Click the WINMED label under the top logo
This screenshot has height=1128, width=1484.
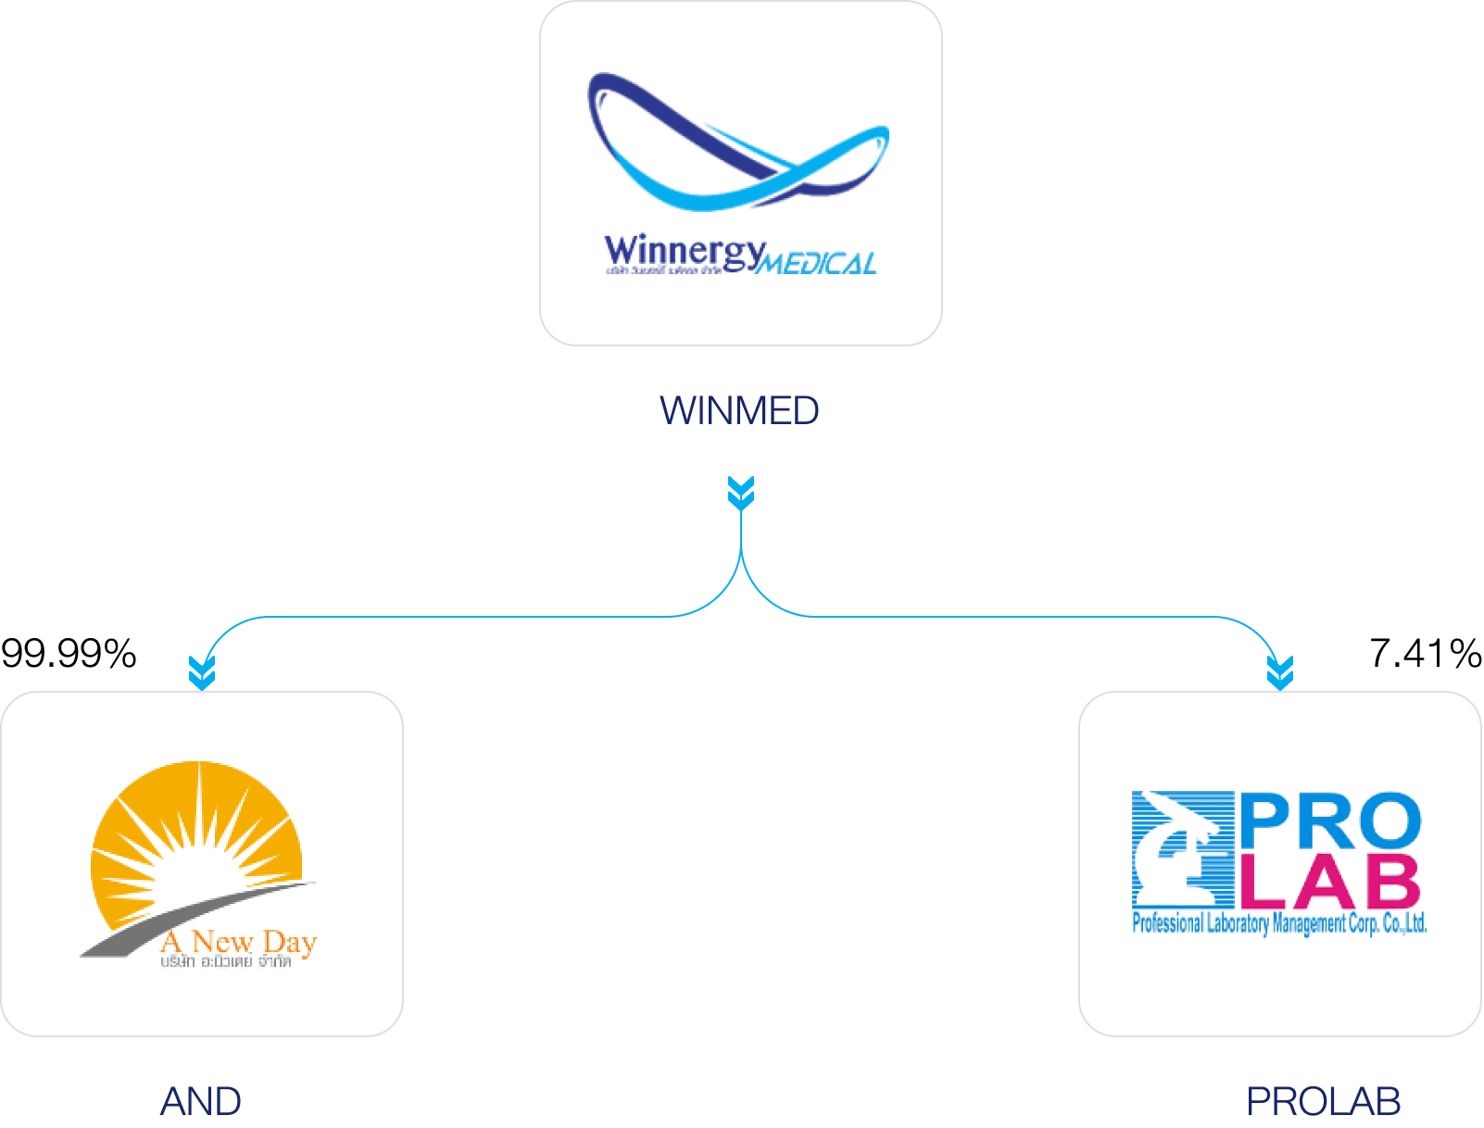739,411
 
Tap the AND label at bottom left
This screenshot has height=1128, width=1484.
201,1101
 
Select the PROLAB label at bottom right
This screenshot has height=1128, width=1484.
1323,1101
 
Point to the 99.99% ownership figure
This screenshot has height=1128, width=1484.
69,654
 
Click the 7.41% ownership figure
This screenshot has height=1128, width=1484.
1425,654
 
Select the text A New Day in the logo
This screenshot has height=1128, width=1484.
239,943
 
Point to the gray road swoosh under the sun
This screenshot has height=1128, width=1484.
185,917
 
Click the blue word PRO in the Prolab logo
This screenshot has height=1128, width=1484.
1329,821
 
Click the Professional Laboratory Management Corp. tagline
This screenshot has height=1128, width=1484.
1279,923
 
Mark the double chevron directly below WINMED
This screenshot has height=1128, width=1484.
741,493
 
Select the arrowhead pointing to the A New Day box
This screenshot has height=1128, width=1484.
202,672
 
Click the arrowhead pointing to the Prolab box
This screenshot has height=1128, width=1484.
1280,672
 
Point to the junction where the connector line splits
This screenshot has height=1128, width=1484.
741,556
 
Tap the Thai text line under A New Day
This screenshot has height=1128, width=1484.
226,962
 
